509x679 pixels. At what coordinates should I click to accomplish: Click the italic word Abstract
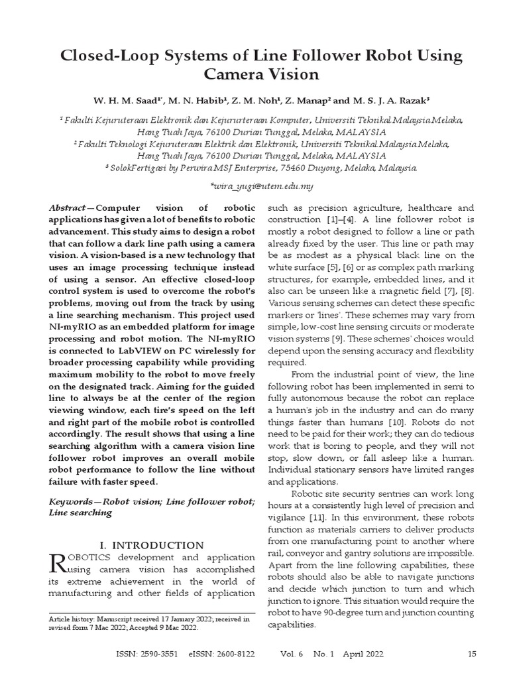67,208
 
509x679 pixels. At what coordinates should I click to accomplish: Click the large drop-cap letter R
58,563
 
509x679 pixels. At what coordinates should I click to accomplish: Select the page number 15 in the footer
472,654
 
